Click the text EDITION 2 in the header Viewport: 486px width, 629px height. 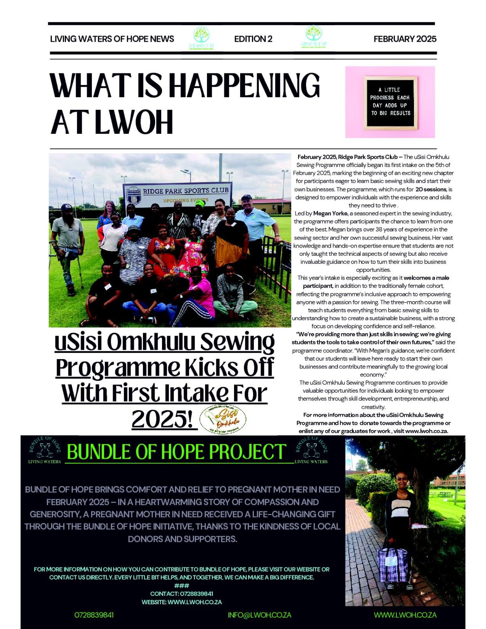pos(253,39)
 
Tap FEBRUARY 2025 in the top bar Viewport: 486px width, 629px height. pos(405,39)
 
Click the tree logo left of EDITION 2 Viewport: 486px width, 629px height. pos(201,38)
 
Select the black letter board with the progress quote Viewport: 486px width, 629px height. pos(390,103)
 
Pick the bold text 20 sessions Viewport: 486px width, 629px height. pos(431,189)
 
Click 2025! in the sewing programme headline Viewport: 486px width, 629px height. pos(162,419)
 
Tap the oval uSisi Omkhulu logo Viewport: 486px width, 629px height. pos(223,419)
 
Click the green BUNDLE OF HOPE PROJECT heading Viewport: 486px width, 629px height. pos(177,452)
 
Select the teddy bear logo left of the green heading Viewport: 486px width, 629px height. pos(45,450)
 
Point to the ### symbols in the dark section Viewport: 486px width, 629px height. pos(181,586)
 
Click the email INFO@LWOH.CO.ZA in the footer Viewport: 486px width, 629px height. pos(259,615)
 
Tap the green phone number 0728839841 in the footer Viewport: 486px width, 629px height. pos(94,615)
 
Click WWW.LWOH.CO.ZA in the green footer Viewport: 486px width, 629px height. pos(405,615)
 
